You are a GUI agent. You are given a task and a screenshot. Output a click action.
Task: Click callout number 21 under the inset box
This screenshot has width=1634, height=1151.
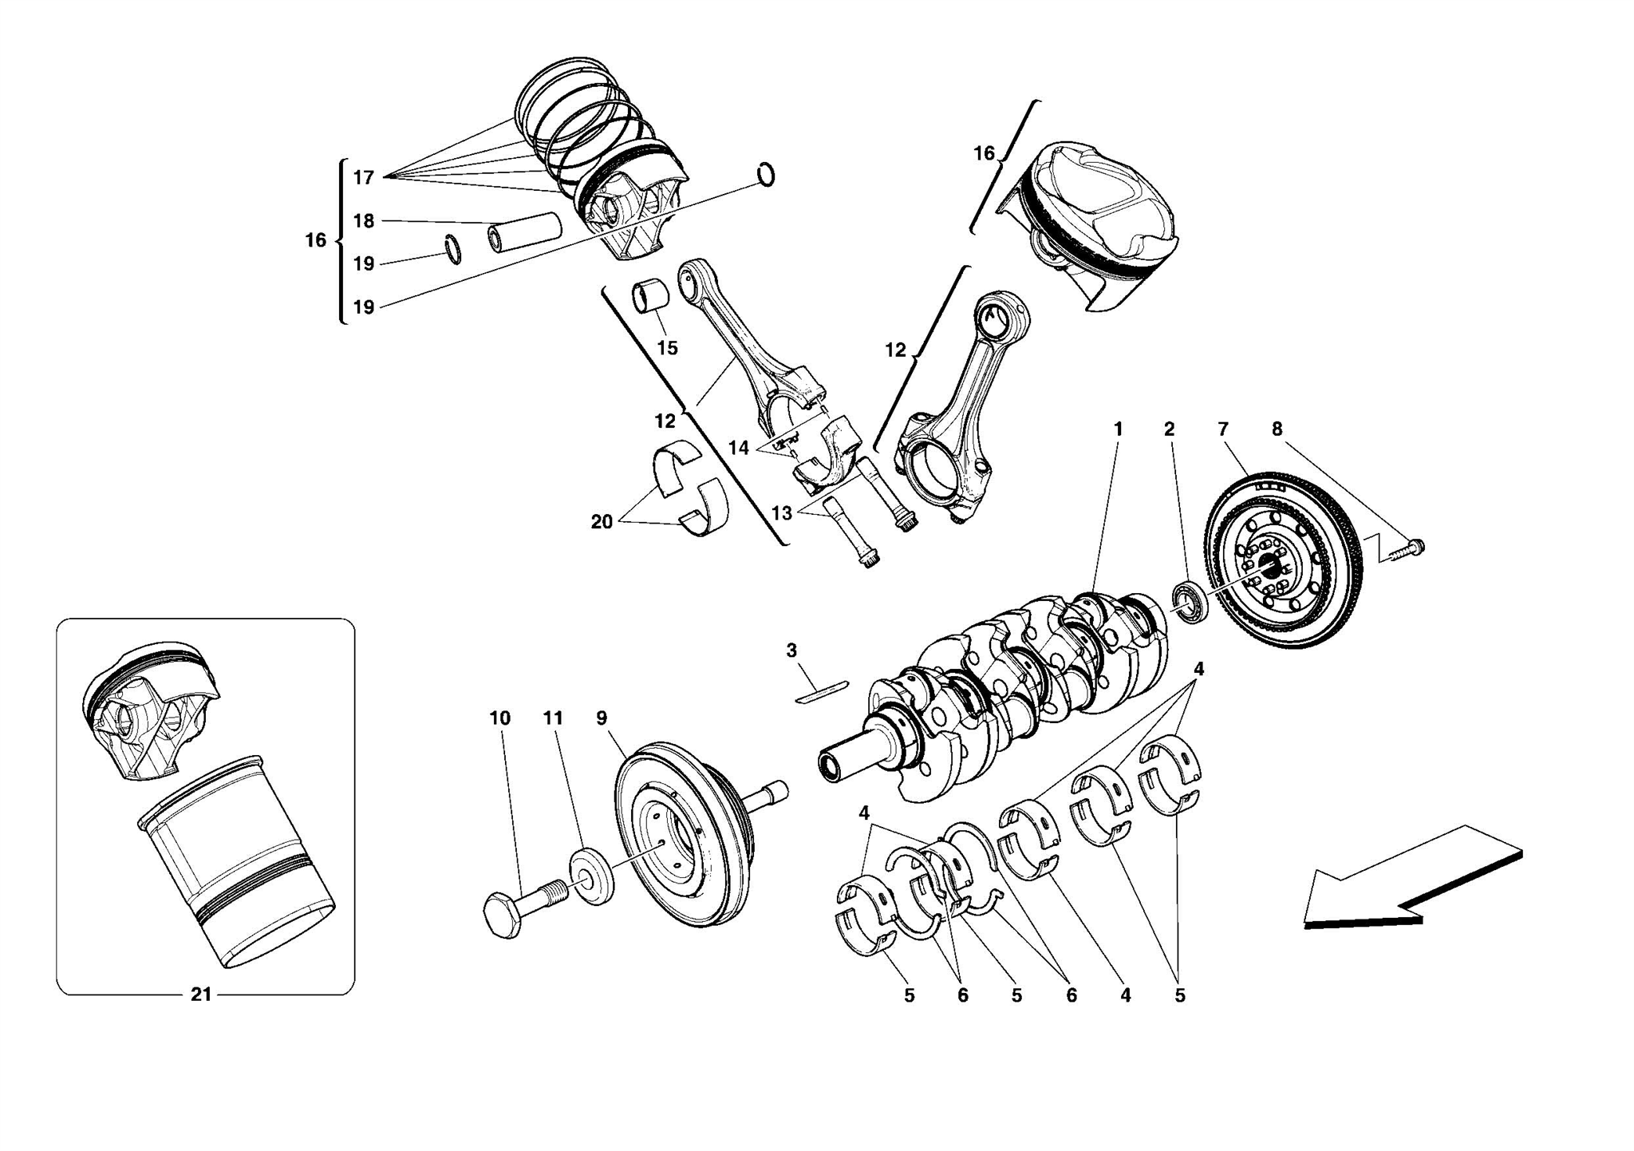click(x=201, y=995)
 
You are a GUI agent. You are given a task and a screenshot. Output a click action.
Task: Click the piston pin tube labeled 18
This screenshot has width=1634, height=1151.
click(x=524, y=231)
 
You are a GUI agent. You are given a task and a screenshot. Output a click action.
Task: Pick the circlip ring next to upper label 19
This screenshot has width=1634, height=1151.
click(x=452, y=249)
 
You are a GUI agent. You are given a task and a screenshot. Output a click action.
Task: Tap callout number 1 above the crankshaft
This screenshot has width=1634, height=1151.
click(x=1118, y=429)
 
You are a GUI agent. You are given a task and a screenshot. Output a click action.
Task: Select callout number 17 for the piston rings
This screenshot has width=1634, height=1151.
click(x=364, y=177)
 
